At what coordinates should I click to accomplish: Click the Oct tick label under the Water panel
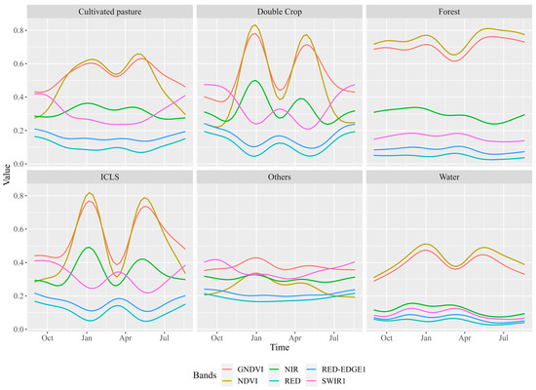point(387,337)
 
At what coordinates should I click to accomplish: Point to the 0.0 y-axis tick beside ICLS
point(20,330)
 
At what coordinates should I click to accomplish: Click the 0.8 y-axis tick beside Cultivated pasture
point(20,30)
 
